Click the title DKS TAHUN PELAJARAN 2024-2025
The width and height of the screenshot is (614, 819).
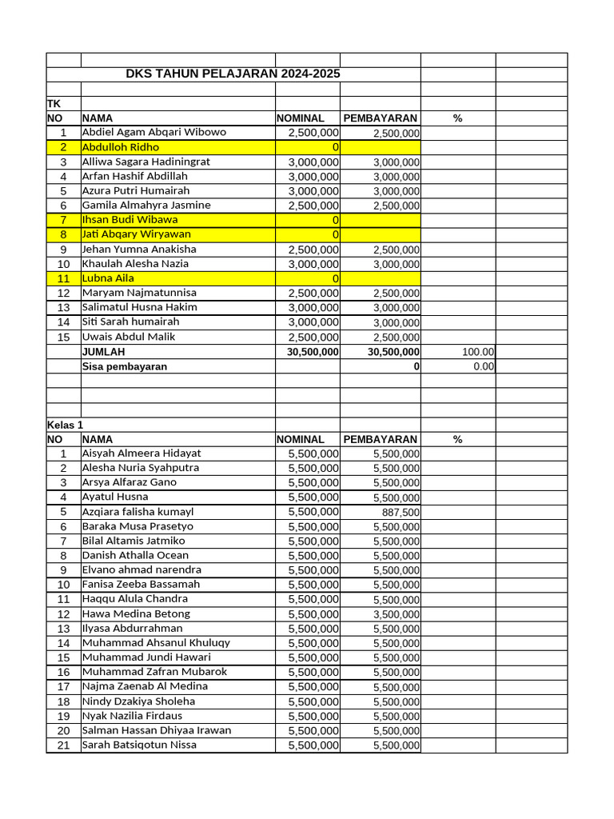[x=233, y=74]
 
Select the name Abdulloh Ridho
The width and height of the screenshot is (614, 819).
[x=121, y=147]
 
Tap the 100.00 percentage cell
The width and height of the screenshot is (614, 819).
[x=478, y=351]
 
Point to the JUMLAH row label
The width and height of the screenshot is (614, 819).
[x=104, y=351]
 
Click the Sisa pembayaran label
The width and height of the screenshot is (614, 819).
[x=125, y=366]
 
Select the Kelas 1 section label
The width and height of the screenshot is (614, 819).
[x=65, y=425]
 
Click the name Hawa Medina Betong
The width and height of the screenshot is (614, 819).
[x=136, y=613]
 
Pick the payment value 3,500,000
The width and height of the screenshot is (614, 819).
[x=396, y=614]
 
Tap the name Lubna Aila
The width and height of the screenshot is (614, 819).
[x=108, y=278]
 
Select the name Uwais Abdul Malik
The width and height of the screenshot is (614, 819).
[x=128, y=337]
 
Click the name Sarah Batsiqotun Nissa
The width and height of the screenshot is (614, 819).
[x=139, y=745]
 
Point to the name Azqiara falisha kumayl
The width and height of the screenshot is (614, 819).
[x=138, y=512]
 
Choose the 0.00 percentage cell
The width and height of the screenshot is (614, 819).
[x=483, y=366]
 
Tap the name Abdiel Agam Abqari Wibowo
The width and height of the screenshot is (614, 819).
[x=154, y=132]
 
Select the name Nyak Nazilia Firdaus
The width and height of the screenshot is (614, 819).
[x=132, y=716]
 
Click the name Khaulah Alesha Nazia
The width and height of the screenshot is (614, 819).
[x=135, y=264]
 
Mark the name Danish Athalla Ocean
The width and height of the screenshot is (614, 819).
[x=135, y=555]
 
